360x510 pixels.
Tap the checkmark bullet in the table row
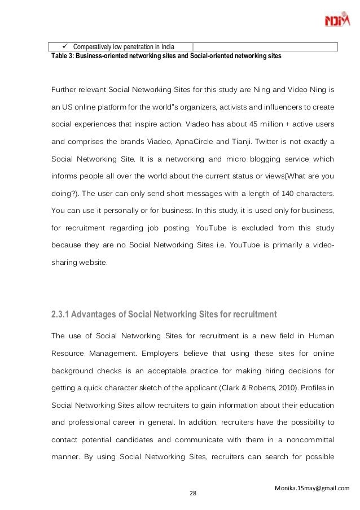pyautogui.click(x=64, y=46)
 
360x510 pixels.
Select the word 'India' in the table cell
pyautogui.click(x=166, y=46)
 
